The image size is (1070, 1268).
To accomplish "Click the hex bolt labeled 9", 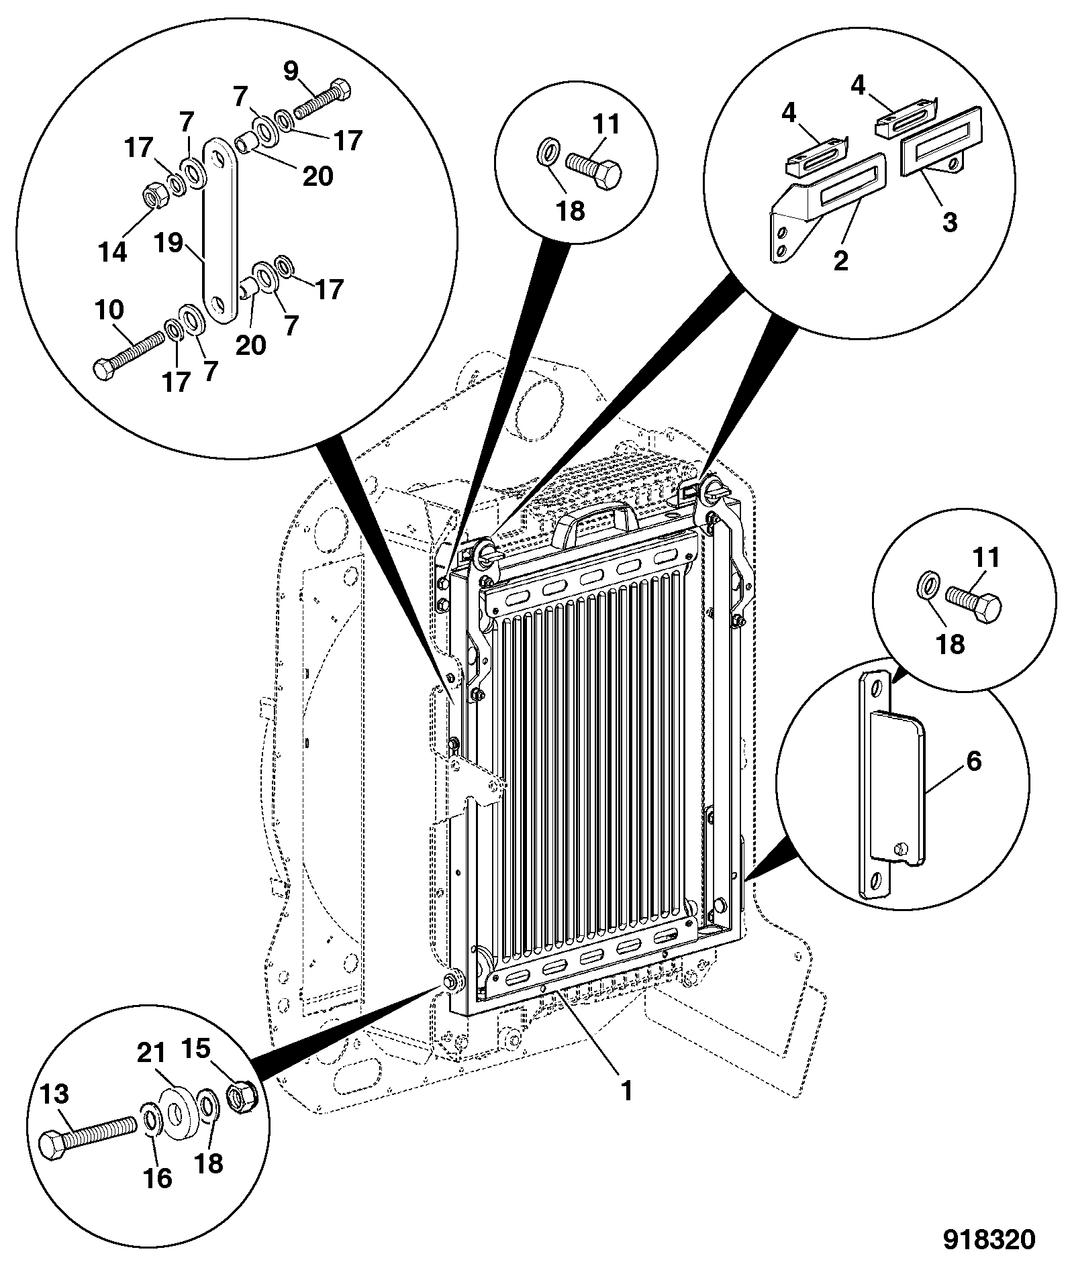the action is point(323,99).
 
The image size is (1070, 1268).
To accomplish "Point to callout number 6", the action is point(973,761).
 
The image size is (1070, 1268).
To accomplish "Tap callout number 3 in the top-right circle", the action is point(949,222).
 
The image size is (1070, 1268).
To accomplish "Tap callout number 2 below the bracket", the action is point(840,259).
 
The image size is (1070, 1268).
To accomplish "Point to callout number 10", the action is point(109,310).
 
